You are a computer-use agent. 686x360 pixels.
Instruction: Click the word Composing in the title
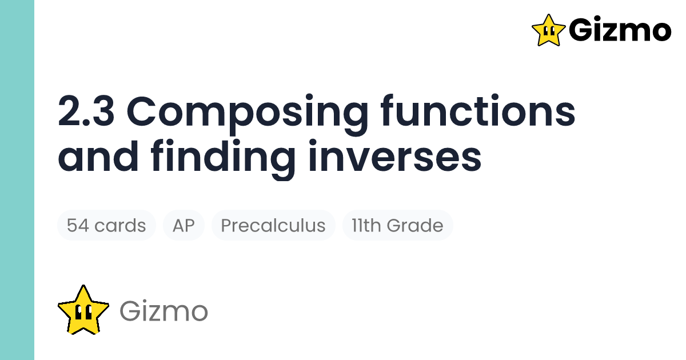click(x=253, y=113)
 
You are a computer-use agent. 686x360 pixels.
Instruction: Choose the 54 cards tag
click(x=106, y=225)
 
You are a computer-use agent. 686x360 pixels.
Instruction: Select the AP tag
click(x=184, y=225)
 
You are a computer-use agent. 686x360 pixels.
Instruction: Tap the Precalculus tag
click(x=273, y=225)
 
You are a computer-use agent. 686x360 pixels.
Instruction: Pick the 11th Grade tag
click(x=397, y=225)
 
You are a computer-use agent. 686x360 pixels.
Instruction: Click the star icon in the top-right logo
click(x=548, y=30)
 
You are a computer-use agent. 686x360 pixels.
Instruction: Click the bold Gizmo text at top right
click(x=620, y=30)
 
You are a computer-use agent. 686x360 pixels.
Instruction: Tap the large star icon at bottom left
click(x=83, y=310)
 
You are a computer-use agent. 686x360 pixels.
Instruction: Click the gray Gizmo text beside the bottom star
click(x=163, y=311)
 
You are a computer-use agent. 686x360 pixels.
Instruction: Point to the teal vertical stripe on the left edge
click(x=17, y=180)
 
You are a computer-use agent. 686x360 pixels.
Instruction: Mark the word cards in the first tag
click(x=119, y=225)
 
